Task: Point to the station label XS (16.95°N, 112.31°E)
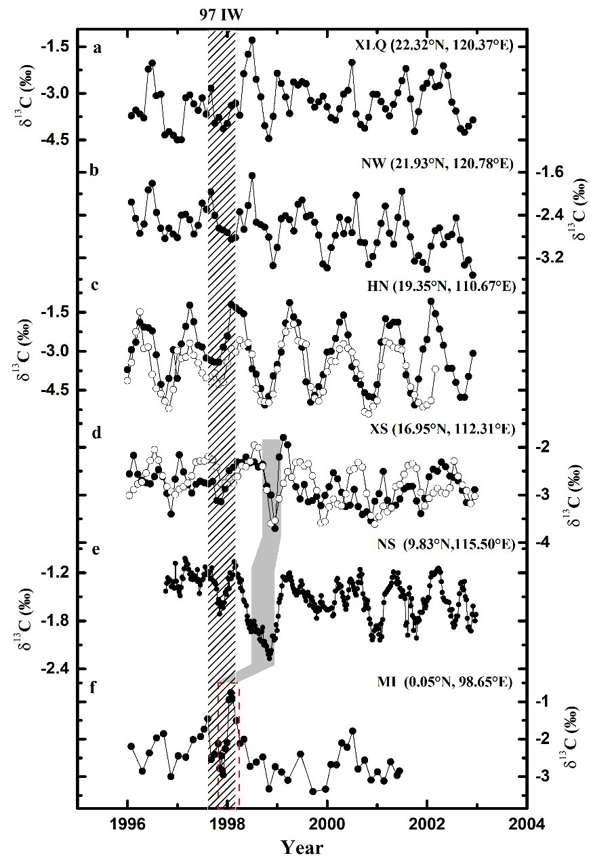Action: click(x=438, y=430)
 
